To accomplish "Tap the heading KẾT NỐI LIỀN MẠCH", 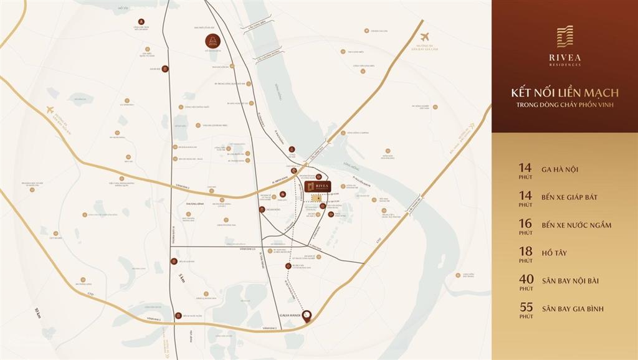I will coord(564,93).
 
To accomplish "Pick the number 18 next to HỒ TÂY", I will coord(525,252).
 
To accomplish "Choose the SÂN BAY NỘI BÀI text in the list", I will coord(570,280).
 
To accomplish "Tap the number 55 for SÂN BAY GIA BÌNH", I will coord(525,308).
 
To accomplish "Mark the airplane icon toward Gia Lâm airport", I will coord(425,37).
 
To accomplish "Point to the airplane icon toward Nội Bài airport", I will coord(50,110).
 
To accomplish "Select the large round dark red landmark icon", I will coord(212,42).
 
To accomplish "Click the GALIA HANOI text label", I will coord(290,315).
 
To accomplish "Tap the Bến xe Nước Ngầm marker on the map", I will coord(179,316).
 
